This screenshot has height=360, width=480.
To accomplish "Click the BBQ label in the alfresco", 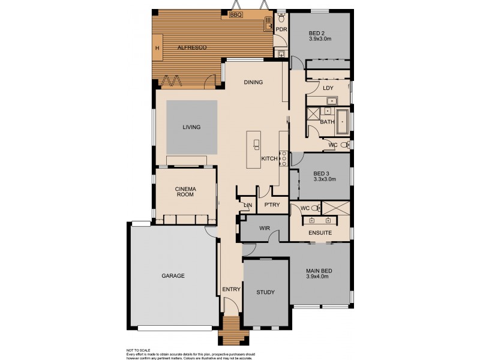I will click(x=236, y=15).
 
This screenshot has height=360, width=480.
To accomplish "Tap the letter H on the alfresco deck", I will click(x=157, y=47).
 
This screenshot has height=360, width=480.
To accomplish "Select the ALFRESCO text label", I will click(x=191, y=47).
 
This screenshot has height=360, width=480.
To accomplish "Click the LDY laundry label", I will click(x=328, y=88).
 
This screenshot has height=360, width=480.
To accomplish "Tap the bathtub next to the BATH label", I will click(x=343, y=121).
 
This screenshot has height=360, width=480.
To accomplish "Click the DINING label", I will click(x=253, y=82).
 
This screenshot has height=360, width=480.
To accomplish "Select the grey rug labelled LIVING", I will click(x=191, y=127).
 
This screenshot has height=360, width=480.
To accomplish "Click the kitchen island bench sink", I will click(x=257, y=145).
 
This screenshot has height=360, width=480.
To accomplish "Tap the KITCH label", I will click(x=269, y=158).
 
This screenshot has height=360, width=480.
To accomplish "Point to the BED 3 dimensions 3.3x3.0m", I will click(x=325, y=179).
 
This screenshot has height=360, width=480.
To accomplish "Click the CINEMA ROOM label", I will click(x=185, y=193).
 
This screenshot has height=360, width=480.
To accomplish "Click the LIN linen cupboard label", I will click(x=247, y=205).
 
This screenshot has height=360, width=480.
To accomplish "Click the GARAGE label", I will click(x=173, y=276).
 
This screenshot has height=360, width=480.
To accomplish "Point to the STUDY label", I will click(x=265, y=293).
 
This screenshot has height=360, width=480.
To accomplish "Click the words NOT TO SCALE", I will click(x=138, y=349).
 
